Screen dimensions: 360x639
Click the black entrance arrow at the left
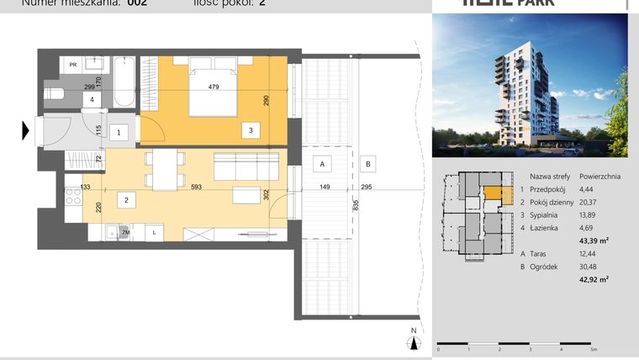[26, 130]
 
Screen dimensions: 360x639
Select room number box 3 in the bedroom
[250, 130]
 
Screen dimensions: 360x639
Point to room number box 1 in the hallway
[119, 132]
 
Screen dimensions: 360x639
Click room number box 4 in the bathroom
[92, 100]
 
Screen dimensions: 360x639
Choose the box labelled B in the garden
[367, 163]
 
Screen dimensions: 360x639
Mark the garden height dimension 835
[356, 204]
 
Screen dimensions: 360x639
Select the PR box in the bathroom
[74, 64]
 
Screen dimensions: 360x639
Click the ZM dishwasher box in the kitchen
[125, 231]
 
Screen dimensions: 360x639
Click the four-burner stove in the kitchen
[72, 196]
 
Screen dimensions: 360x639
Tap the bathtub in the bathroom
[124, 82]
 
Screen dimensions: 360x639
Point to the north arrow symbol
[413, 341]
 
